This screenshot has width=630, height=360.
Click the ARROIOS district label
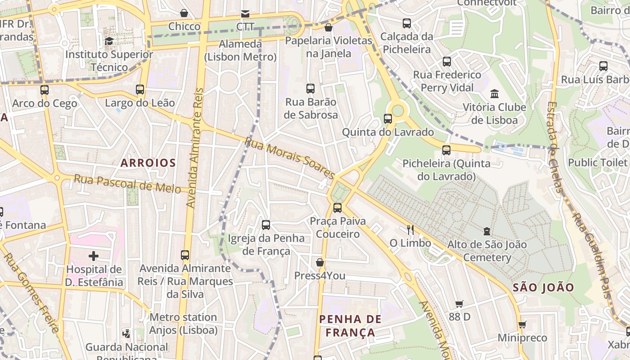(148, 163)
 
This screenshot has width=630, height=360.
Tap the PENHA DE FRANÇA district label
(350, 326)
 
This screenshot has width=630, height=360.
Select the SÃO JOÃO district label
(543, 287)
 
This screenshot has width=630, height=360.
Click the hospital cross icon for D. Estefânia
(94, 256)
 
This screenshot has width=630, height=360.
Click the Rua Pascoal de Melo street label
(127, 183)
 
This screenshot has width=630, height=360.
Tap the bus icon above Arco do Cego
(44, 90)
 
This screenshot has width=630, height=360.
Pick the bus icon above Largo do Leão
(140, 89)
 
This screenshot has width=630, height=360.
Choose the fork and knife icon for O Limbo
(410, 229)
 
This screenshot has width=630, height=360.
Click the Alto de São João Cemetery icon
(486, 231)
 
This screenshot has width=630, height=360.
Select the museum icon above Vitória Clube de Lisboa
(495, 94)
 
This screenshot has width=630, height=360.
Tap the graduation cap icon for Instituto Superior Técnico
(109, 41)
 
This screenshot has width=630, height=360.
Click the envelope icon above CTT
(245, 13)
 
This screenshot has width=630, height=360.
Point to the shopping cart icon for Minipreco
(522, 324)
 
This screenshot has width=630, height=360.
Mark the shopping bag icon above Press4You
(320, 262)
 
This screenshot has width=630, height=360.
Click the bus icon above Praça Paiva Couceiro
(337, 207)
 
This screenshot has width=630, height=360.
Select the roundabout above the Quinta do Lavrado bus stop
(398, 109)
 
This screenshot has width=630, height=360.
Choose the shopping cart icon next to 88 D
(459, 304)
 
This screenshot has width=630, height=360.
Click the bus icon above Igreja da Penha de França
(266, 225)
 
